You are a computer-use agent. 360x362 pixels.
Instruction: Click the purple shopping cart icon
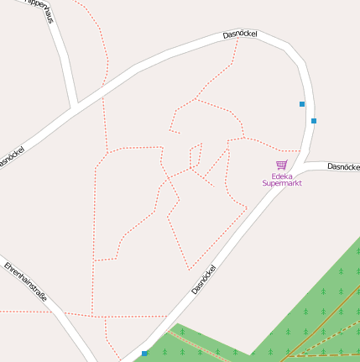click(281, 165)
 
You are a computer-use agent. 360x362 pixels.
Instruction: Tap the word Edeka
click(281, 176)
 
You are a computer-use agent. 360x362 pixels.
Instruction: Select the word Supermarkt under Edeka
click(281, 183)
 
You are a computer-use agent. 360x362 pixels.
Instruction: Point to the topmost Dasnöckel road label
click(240, 34)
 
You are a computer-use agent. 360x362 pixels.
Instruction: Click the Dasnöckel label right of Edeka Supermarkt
click(343, 167)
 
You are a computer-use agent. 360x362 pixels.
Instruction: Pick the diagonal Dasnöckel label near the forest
click(204, 280)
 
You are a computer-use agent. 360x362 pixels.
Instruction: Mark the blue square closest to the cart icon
click(314, 121)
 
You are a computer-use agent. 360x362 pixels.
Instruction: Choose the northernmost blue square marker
click(302, 104)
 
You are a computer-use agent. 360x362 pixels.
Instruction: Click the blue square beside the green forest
click(144, 353)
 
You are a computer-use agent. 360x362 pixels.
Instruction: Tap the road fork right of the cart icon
click(305, 161)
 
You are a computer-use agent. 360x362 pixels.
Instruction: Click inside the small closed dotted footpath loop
click(196, 157)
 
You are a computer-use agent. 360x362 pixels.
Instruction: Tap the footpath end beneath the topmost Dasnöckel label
click(238, 39)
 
